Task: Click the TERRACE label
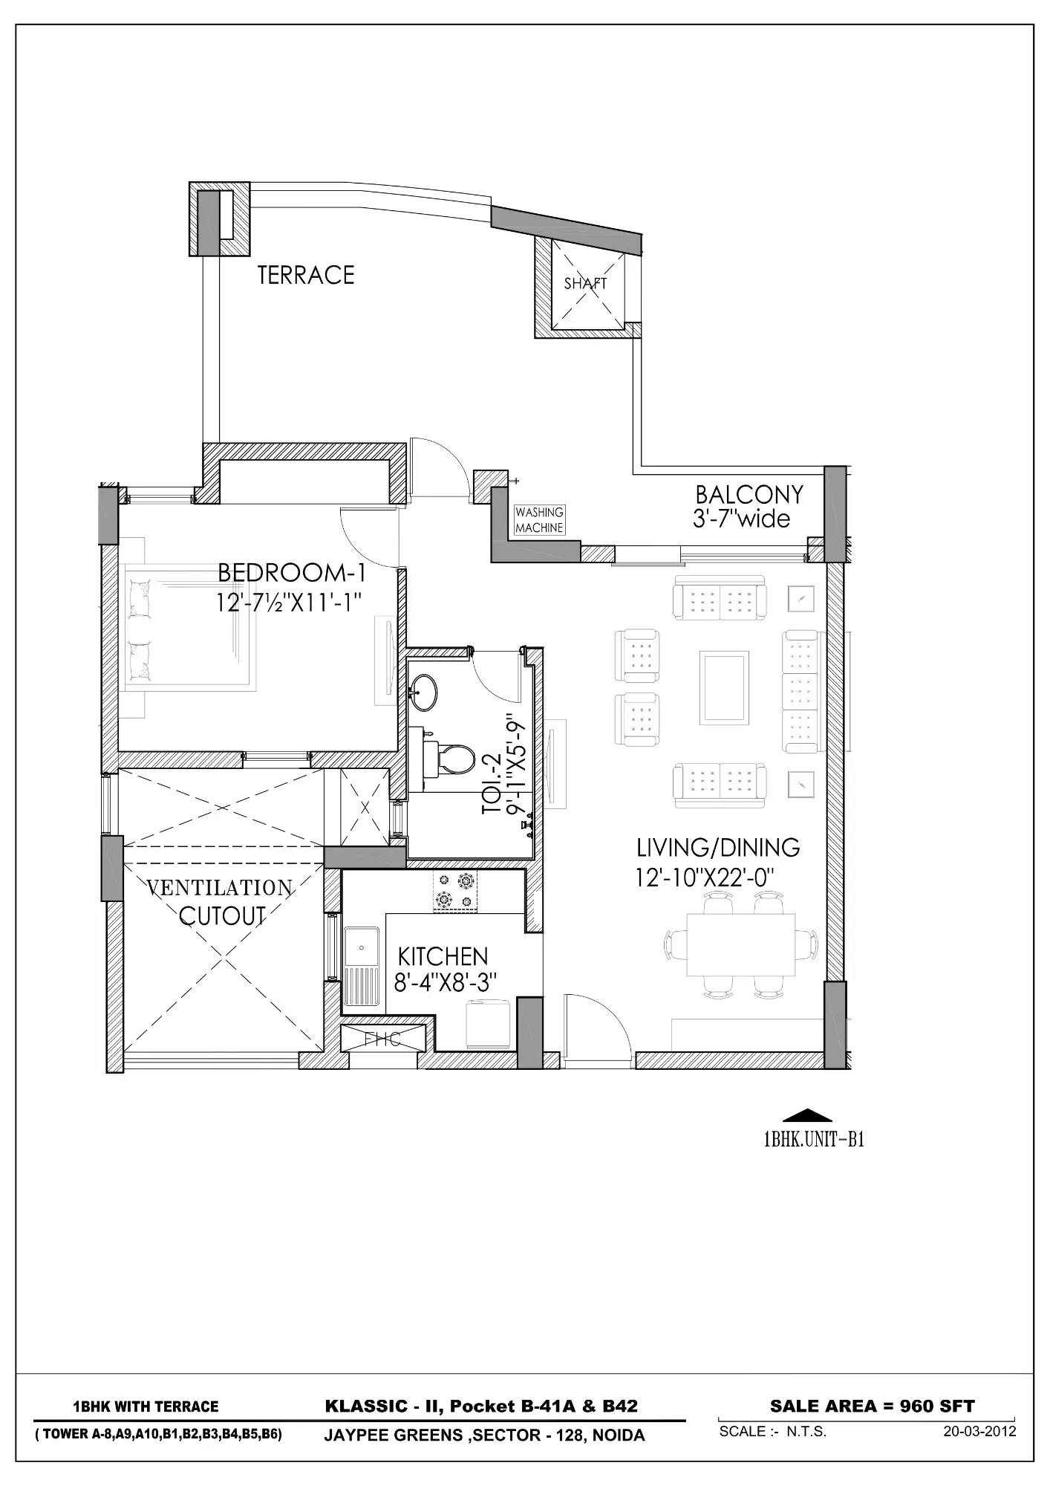click(x=306, y=275)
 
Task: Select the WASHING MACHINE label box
click(x=540, y=520)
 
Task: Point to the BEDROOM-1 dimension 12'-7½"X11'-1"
click(x=289, y=602)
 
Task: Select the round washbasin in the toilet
click(x=424, y=691)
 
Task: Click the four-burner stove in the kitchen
click(x=455, y=892)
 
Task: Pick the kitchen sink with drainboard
click(x=362, y=966)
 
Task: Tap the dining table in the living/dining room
click(x=740, y=945)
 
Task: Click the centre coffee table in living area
click(x=724, y=682)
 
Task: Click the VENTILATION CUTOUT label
click(x=221, y=902)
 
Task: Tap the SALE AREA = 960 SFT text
click(x=872, y=1406)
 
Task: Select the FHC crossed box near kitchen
click(x=383, y=1039)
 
